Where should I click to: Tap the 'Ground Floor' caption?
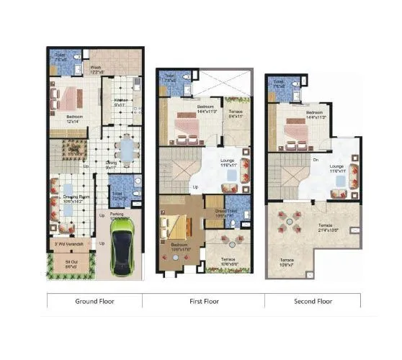tap(94, 302)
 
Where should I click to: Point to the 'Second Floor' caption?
tap(312, 302)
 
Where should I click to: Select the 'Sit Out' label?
tap(71, 264)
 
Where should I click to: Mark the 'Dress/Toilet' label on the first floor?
tap(220, 212)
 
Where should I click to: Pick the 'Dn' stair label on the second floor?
tap(315, 160)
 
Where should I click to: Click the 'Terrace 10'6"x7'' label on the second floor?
tap(287, 261)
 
